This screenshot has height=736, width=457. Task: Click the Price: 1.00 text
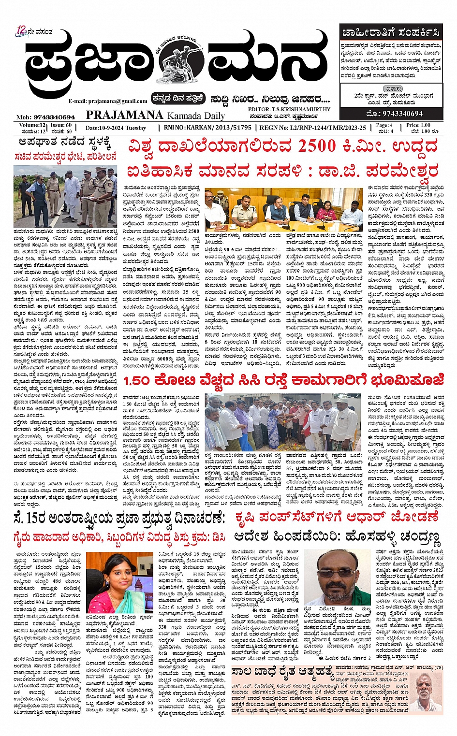point(418,125)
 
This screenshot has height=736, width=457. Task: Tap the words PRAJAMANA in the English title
point(125,115)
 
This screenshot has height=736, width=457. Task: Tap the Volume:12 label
point(32,125)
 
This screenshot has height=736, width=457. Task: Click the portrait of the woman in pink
point(119,582)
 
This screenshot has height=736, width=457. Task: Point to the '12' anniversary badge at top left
point(21,30)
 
